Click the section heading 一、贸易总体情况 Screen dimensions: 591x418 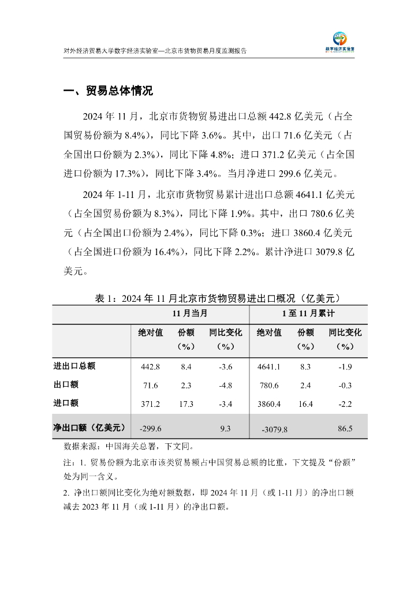(108, 91)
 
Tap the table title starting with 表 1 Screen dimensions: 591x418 (221, 298)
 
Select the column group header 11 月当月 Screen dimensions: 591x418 (189, 313)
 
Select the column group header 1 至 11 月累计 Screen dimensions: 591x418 (308, 313)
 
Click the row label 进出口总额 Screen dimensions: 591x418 (74, 366)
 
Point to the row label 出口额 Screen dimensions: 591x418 (66, 384)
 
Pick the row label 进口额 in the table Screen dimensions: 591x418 (66, 403)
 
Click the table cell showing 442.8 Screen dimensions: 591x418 (150, 366)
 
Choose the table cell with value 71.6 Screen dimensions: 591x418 (150, 386)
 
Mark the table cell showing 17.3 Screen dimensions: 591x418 (186, 404)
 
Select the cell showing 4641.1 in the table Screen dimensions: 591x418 (268, 366)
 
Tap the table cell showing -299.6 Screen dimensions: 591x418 (150, 429)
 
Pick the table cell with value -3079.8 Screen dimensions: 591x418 (274, 429)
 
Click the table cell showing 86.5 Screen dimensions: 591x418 (345, 429)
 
